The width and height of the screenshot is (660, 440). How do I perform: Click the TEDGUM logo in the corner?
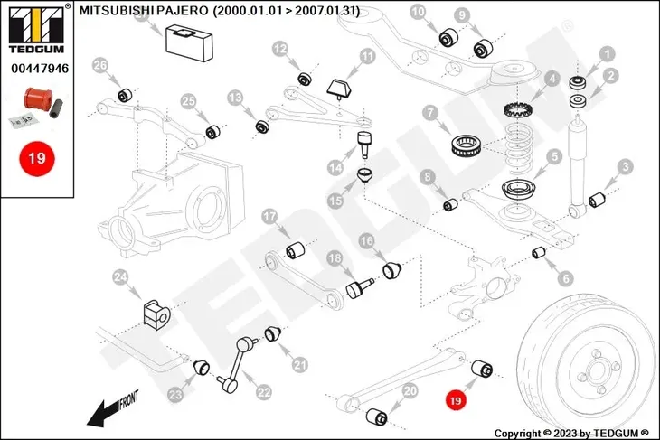point(37,29)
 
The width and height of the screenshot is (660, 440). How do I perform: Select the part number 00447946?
point(40,68)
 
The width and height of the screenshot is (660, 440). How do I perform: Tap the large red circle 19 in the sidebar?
point(37,159)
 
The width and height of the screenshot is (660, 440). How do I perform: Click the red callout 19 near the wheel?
point(456,400)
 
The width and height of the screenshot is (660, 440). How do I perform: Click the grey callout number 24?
point(121,277)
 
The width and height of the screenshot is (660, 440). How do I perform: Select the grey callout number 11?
point(367,57)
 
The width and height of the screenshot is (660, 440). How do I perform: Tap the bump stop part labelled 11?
point(341,89)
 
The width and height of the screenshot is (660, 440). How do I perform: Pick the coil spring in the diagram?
point(519,147)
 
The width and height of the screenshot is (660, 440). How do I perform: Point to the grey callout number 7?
point(430,113)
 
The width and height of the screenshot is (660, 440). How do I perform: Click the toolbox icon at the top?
point(190,42)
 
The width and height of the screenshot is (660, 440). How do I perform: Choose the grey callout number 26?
point(99,66)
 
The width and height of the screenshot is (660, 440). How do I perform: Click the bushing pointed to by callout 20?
point(376,416)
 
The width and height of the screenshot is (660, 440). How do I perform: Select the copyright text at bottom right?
point(571,433)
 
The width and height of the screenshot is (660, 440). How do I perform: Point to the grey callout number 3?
point(625,166)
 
